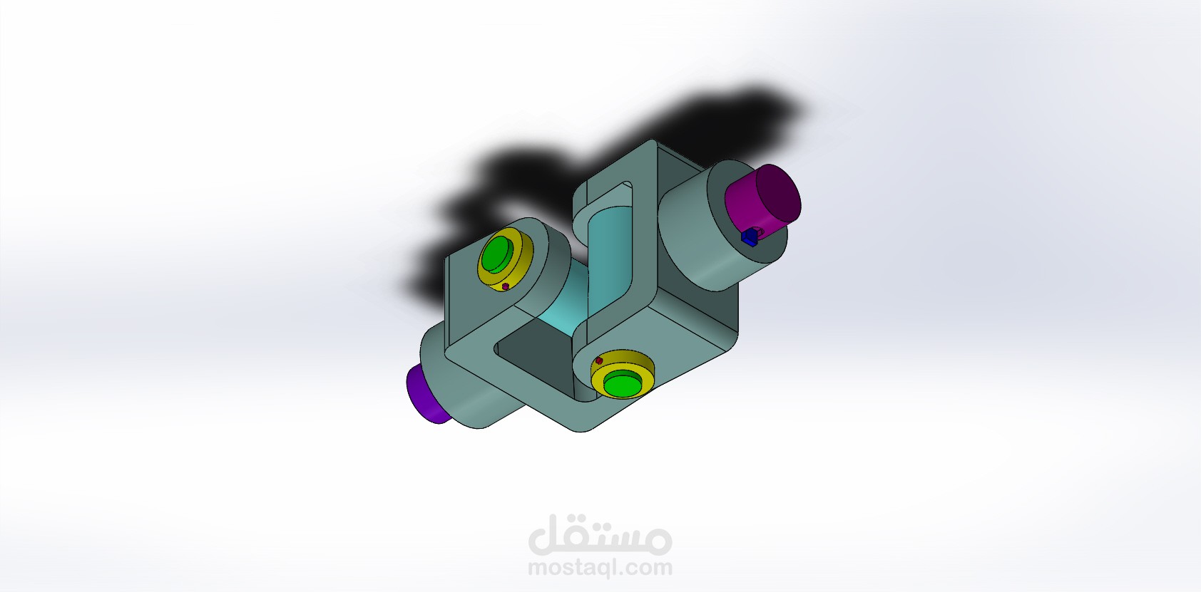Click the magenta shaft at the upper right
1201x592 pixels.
coord(762,198)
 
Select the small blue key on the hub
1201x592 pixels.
coord(750,237)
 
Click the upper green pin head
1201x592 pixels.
coord(497,254)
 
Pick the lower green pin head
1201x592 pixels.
coord(623,383)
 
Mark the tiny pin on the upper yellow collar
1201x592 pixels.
coord(505,286)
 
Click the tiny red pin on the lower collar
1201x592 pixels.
coord(599,360)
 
